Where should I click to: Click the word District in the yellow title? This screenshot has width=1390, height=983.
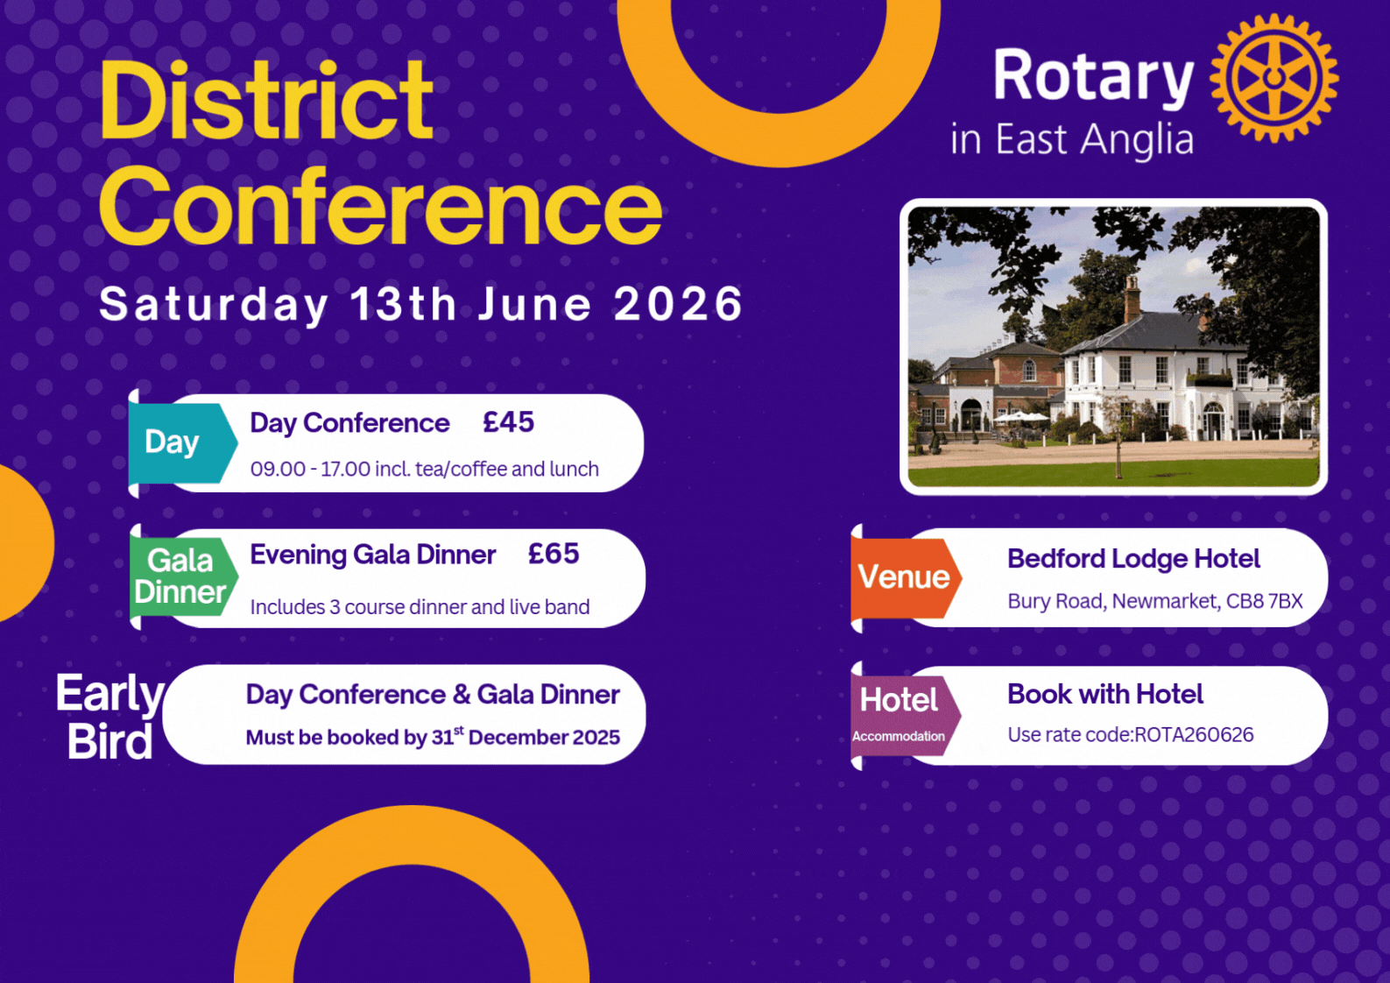[266, 101]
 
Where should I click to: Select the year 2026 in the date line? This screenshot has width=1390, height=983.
[678, 304]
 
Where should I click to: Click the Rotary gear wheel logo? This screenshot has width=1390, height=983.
[1274, 78]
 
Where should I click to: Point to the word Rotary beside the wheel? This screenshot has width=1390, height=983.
[1093, 77]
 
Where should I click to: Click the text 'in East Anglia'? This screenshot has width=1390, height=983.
[1072, 138]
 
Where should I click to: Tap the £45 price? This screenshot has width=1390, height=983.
[508, 422]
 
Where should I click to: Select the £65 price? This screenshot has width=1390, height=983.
[554, 554]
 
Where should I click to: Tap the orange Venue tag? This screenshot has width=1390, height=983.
[906, 577]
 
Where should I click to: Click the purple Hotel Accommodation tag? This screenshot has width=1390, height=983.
[905, 716]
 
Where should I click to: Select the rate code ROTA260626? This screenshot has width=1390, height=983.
[1194, 735]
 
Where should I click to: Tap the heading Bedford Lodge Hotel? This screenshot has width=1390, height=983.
[1133, 559]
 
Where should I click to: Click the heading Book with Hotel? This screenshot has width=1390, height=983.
[1105, 694]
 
